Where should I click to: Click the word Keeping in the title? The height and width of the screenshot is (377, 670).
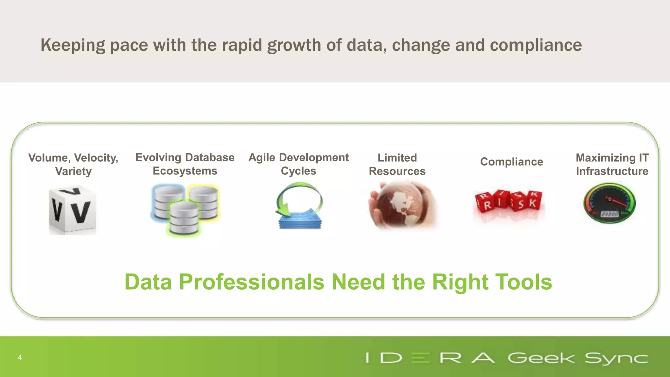point(73,45)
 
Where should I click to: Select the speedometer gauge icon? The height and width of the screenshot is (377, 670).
point(609,203)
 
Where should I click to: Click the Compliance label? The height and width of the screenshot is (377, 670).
point(511,162)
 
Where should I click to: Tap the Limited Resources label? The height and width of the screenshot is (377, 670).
point(397,165)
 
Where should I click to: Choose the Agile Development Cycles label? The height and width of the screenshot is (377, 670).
point(298,164)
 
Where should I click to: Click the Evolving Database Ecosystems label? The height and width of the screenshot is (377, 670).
point(185,164)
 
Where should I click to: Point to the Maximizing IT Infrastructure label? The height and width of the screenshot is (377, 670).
point(612,165)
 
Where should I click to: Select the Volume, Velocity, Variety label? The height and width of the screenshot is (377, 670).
point(73,165)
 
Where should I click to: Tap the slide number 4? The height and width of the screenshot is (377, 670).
point(20,357)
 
